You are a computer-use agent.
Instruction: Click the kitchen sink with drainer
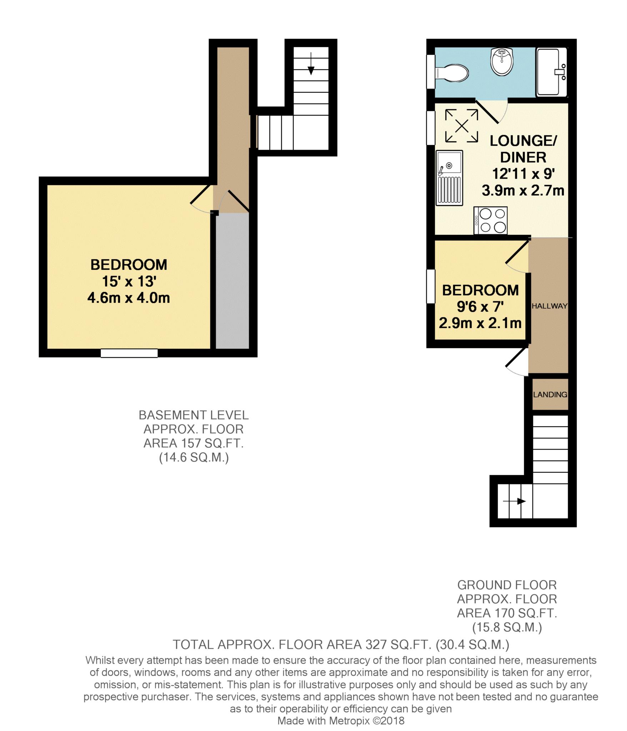pyautogui.click(x=449, y=177)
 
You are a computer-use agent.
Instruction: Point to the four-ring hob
pyautogui.click(x=490, y=221)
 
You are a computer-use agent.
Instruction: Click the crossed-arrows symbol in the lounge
pyautogui.click(x=462, y=126)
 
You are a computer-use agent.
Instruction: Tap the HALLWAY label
pyautogui.click(x=549, y=306)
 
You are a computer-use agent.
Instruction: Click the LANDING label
pyautogui.click(x=550, y=394)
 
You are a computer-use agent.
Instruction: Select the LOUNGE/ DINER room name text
pyautogui.click(x=523, y=149)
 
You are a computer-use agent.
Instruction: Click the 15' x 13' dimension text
pyautogui.click(x=129, y=282)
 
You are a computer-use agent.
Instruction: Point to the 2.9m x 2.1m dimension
pyautogui.click(x=480, y=323)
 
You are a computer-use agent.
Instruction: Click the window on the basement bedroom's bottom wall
pyautogui.click(x=129, y=353)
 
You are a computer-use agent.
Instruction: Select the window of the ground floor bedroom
pyautogui.click(x=431, y=287)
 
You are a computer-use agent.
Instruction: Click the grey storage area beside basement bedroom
pyautogui.click(x=232, y=280)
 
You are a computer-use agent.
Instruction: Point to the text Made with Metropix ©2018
pyautogui.click(x=341, y=721)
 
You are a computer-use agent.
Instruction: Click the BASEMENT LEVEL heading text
pyautogui.click(x=194, y=415)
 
